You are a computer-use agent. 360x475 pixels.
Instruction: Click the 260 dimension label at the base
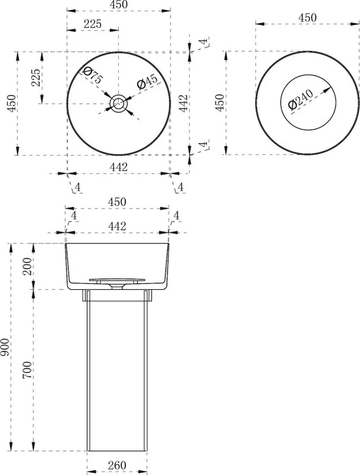[x=116, y=465]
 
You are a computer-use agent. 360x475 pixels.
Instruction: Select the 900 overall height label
[x=6, y=347]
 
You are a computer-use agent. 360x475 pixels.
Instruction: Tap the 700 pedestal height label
[x=27, y=369]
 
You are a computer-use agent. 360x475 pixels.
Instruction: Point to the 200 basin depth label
[x=27, y=266]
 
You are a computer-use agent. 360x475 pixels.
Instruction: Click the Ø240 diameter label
[x=301, y=99]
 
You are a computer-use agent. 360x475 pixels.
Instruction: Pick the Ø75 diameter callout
[x=93, y=75]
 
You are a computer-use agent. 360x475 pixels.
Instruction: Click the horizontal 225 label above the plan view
[x=93, y=24]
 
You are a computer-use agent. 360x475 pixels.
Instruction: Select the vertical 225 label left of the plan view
[x=36, y=78]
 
